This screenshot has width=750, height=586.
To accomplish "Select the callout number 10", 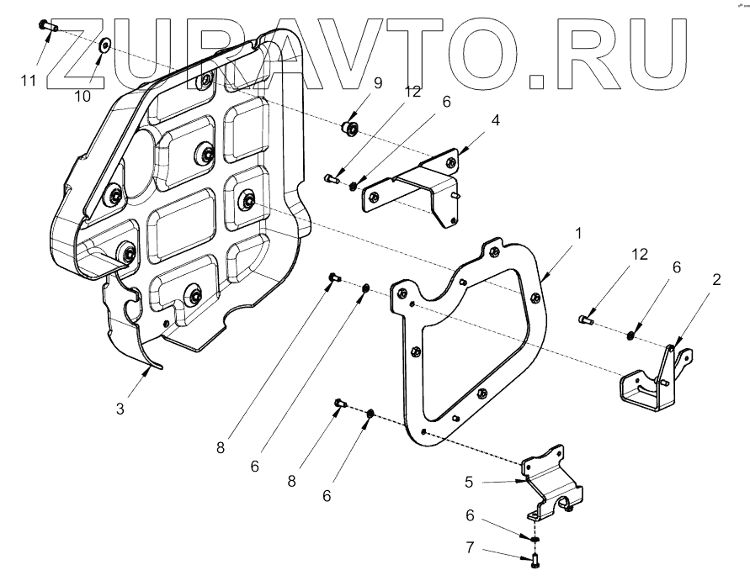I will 82,96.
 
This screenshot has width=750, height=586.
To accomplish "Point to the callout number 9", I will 378,82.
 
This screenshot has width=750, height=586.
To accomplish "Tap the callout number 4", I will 496,120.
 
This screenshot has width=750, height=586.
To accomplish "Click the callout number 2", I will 716,281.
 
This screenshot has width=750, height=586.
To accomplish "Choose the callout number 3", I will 120,409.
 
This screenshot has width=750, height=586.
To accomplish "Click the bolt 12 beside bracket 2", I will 588,318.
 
